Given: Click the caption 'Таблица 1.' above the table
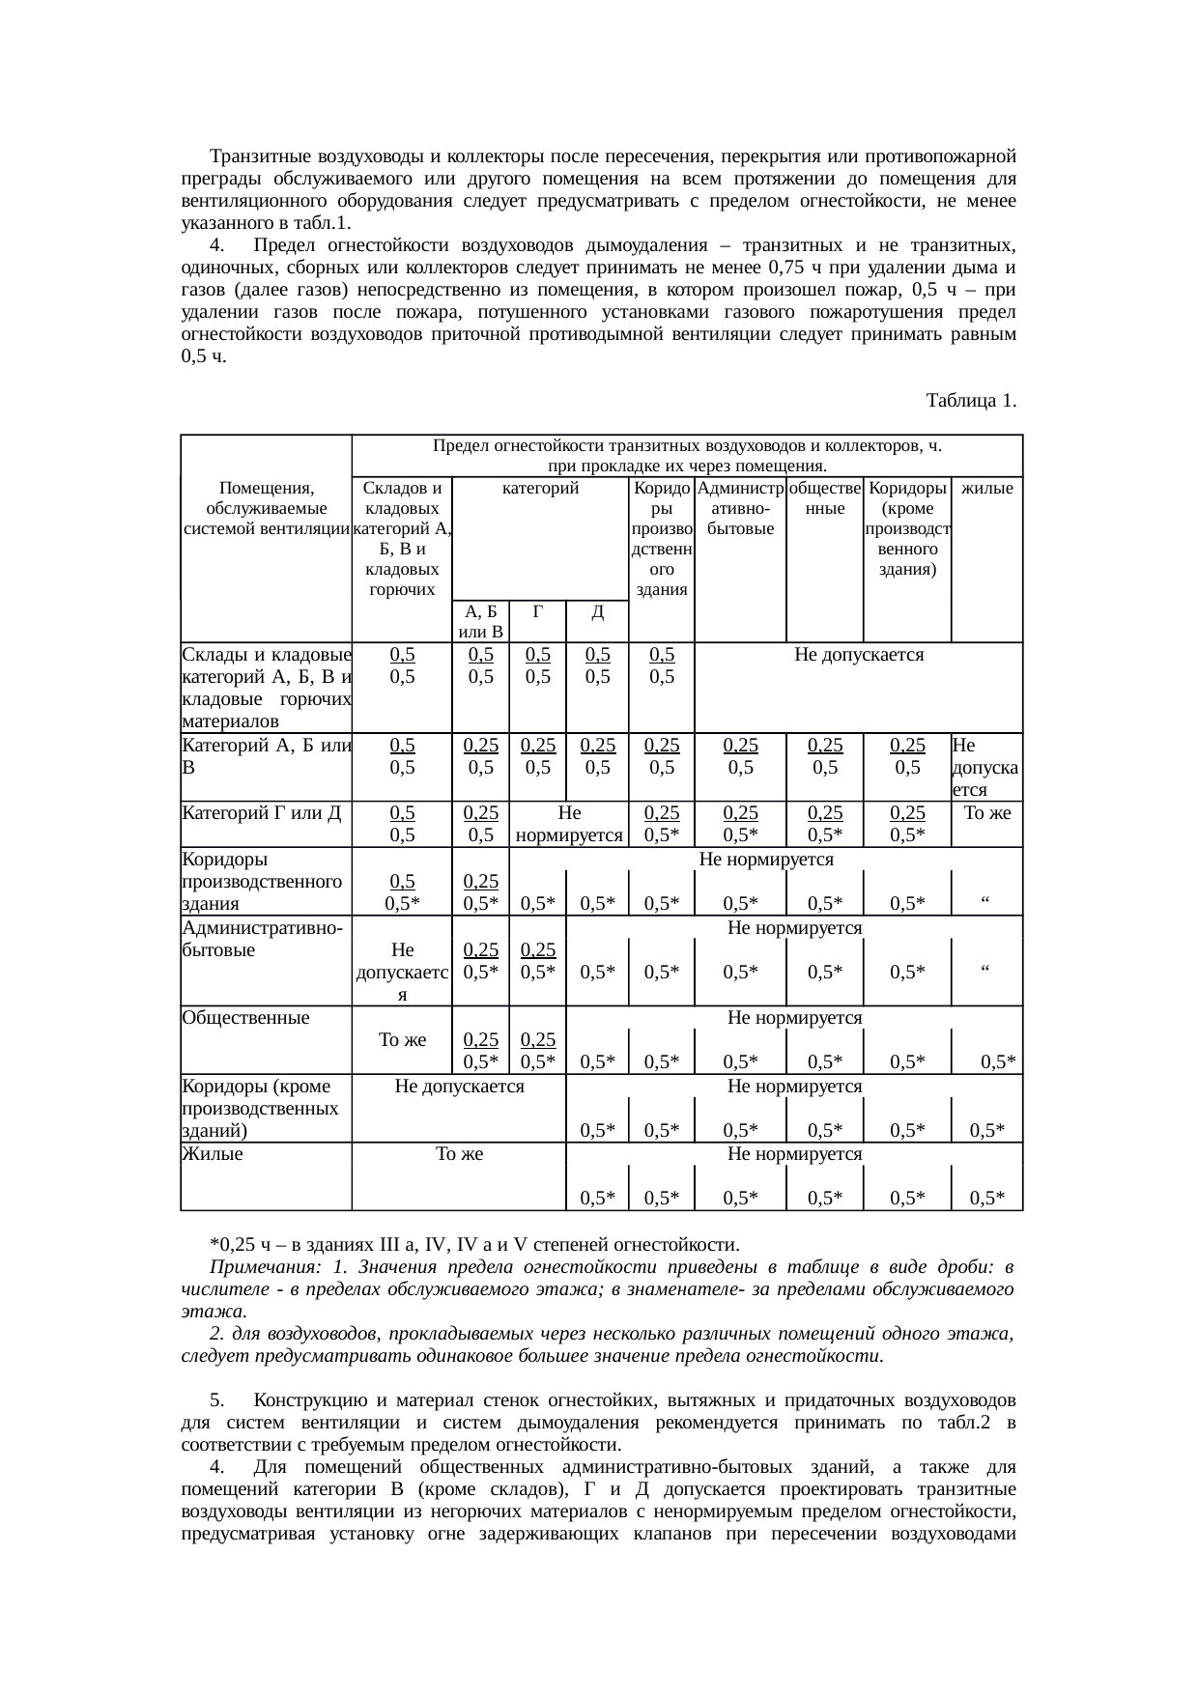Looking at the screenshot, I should (970, 400).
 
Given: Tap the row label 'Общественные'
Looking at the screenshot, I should (245, 1017).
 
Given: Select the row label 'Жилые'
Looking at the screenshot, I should (212, 1153).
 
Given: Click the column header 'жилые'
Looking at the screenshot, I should (987, 489).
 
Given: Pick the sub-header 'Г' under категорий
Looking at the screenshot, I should (537, 611).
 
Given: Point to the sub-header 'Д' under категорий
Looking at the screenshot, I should (597, 611).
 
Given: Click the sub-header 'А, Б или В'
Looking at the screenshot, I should (480, 622).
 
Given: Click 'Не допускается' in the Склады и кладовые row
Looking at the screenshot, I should (859, 655).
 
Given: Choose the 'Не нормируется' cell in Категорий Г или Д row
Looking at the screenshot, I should (569, 824).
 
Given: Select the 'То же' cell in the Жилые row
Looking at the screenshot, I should (459, 1153).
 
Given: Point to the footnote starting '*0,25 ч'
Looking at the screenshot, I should (473, 1242).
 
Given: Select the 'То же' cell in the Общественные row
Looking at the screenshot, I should (402, 1040).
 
